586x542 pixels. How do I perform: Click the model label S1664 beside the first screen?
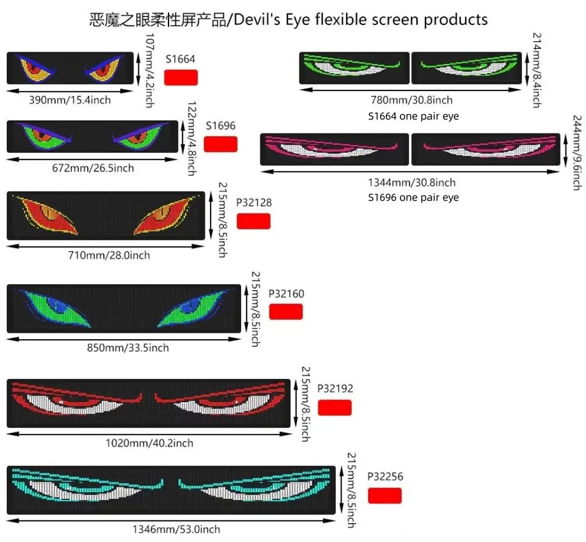tap(181, 59)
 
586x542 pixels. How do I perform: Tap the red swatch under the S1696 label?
tap(220, 144)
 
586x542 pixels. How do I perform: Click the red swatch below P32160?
tap(286, 312)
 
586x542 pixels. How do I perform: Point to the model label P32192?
tap(335, 389)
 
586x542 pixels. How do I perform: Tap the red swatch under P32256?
tap(385, 496)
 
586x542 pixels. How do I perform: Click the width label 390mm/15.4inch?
tap(70, 100)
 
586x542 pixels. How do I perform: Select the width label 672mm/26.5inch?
tap(93, 167)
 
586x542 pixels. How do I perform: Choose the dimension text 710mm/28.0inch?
tap(109, 255)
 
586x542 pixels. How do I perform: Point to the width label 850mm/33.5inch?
tap(128, 348)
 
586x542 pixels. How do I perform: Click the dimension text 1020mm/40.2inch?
tap(150, 443)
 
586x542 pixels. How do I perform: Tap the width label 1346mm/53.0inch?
tap(176, 529)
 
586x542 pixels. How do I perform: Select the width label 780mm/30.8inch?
tap(411, 100)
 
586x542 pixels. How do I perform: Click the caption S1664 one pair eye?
tap(413, 115)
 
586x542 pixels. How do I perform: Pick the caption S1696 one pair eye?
tap(413, 197)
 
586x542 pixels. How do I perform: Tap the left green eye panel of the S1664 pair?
tap(353, 68)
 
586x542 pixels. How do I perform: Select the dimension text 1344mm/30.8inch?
tap(411, 182)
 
